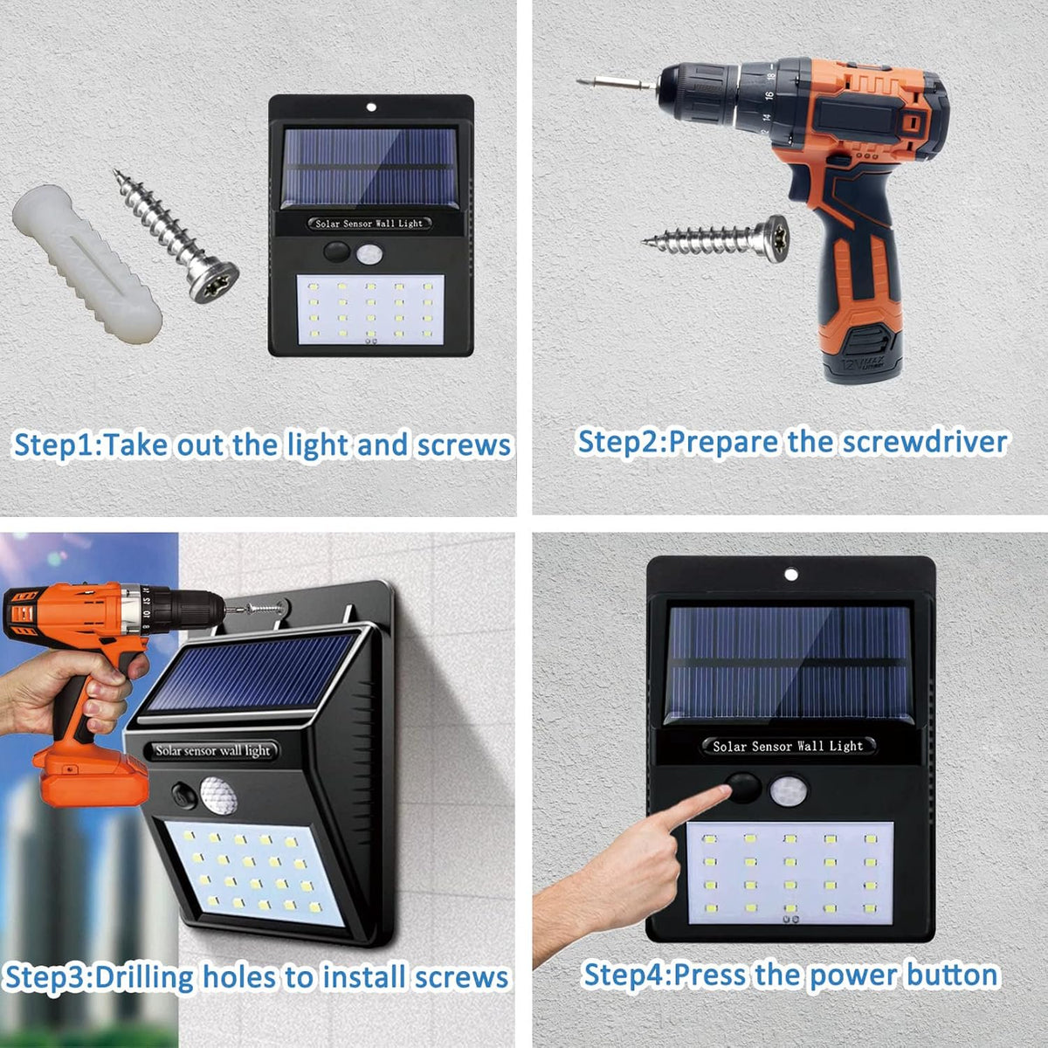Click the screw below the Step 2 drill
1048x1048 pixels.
(716, 238)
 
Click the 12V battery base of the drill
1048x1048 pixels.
(864, 354)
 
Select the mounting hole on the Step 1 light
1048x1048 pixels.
(371, 107)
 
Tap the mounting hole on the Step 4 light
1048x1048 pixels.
(791, 575)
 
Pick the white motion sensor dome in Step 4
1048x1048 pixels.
(789, 789)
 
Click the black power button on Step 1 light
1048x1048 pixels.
(337, 252)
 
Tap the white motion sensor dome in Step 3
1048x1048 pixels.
(218, 795)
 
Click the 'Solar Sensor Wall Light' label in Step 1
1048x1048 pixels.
(369, 223)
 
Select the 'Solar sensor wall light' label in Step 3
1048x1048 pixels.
(212, 751)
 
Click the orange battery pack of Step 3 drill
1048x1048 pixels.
(90, 775)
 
